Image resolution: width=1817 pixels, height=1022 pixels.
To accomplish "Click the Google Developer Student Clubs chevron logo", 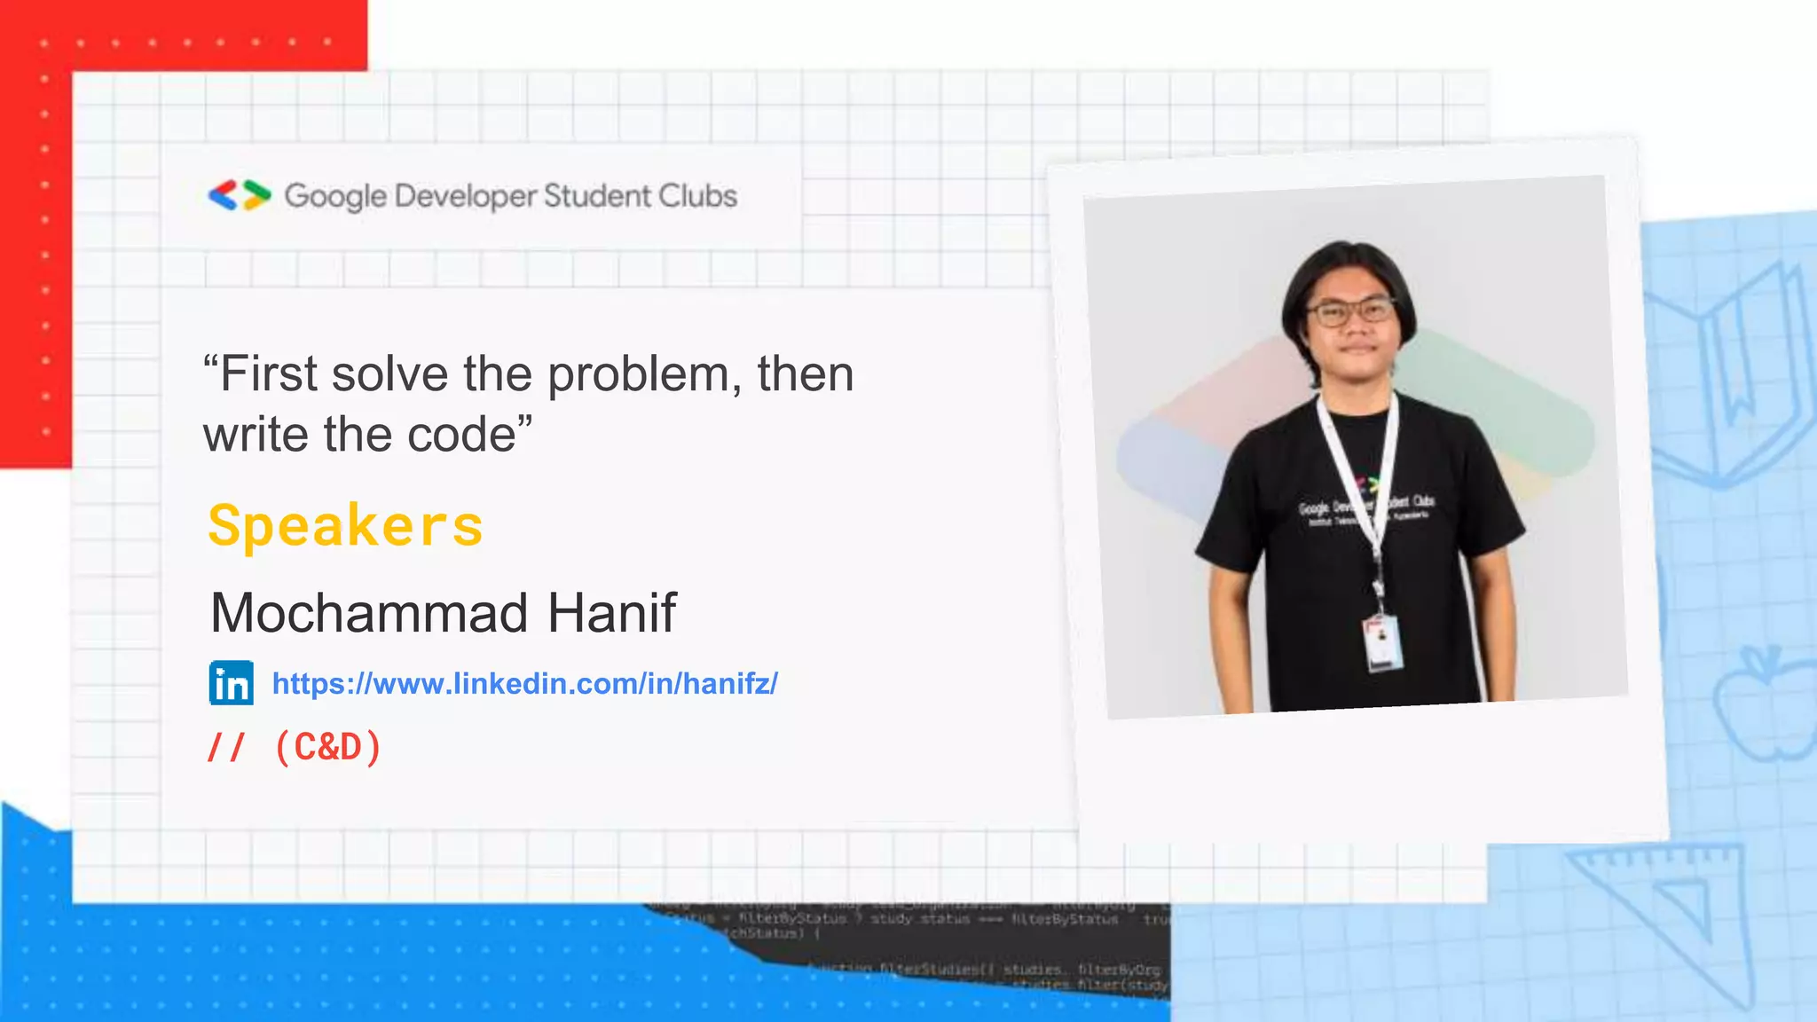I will [x=240, y=195].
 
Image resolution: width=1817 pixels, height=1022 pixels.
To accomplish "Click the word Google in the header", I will [x=335, y=196].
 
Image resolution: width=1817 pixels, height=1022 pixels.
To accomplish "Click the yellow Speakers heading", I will [x=345, y=525].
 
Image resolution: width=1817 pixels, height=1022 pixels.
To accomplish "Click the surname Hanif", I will [x=611, y=613].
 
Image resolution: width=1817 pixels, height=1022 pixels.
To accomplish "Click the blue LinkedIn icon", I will [x=232, y=683].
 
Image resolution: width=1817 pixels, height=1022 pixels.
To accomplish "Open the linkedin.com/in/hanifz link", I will [x=524, y=683].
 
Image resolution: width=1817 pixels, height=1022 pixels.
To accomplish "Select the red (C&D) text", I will [x=328, y=747].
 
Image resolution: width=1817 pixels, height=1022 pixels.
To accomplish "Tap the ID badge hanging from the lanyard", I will [x=1382, y=641].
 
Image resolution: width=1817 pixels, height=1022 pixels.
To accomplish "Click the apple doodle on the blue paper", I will [x=1761, y=705].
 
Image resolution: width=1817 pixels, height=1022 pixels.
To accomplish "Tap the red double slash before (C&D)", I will [x=224, y=747].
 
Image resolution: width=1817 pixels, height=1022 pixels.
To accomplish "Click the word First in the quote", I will [x=267, y=374].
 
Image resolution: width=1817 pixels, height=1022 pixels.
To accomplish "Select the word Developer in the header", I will [x=465, y=196].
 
